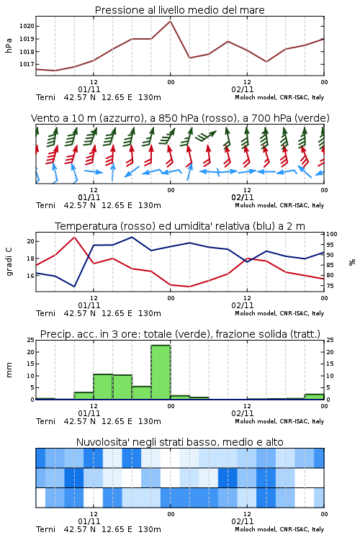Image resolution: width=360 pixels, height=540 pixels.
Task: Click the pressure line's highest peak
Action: click(170, 21)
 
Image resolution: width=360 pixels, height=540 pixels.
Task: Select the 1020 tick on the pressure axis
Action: click(27, 26)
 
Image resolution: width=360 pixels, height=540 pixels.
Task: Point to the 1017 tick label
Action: click(27, 64)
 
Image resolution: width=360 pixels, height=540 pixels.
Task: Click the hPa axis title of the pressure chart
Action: click(9, 45)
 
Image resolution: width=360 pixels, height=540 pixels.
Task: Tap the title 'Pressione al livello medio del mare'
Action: click(180, 10)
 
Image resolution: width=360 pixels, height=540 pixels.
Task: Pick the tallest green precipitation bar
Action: click(161, 372)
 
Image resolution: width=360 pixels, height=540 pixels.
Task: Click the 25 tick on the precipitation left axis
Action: click(31, 341)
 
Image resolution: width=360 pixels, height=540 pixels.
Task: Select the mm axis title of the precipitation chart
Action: click(9, 370)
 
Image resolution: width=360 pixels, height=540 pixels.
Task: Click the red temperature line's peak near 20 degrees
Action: click(74, 237)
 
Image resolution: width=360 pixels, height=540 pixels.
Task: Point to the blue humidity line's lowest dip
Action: click(74, 287)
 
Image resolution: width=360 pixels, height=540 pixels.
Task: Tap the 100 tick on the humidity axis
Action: click(332, 234)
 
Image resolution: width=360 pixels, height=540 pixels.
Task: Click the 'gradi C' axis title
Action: click(9, 262)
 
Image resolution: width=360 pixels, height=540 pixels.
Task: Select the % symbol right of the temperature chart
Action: click(352, 262)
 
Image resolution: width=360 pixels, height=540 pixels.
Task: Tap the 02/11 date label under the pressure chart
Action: click(243, 89)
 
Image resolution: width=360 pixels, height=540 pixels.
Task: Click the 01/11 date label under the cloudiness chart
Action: click(89, 521)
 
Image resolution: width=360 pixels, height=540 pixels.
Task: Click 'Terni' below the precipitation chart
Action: click(45, 421)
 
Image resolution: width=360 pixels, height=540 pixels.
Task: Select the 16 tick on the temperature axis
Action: click(31, 276)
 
